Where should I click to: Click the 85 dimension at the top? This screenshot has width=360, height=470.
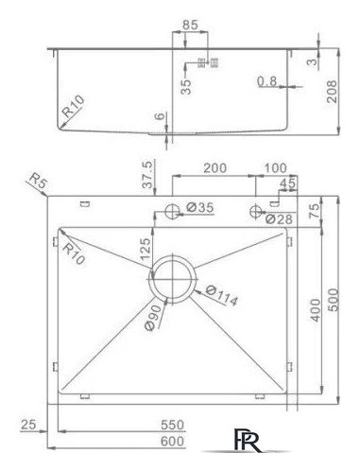point(190,25)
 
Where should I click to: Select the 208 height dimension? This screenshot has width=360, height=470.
point(332,92)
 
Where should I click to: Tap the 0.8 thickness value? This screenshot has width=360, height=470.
point(266,81)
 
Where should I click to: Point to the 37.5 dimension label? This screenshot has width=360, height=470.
point(147,174)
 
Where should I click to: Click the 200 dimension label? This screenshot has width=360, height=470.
point(214,168)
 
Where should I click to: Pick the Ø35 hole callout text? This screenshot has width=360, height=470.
point(199,207)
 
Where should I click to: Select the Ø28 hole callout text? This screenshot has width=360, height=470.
point(279,218)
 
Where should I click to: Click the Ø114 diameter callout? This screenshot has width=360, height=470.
point(221,296)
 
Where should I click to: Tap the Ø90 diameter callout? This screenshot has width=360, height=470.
point(154,317)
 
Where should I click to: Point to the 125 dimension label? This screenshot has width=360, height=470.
point(146,249)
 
